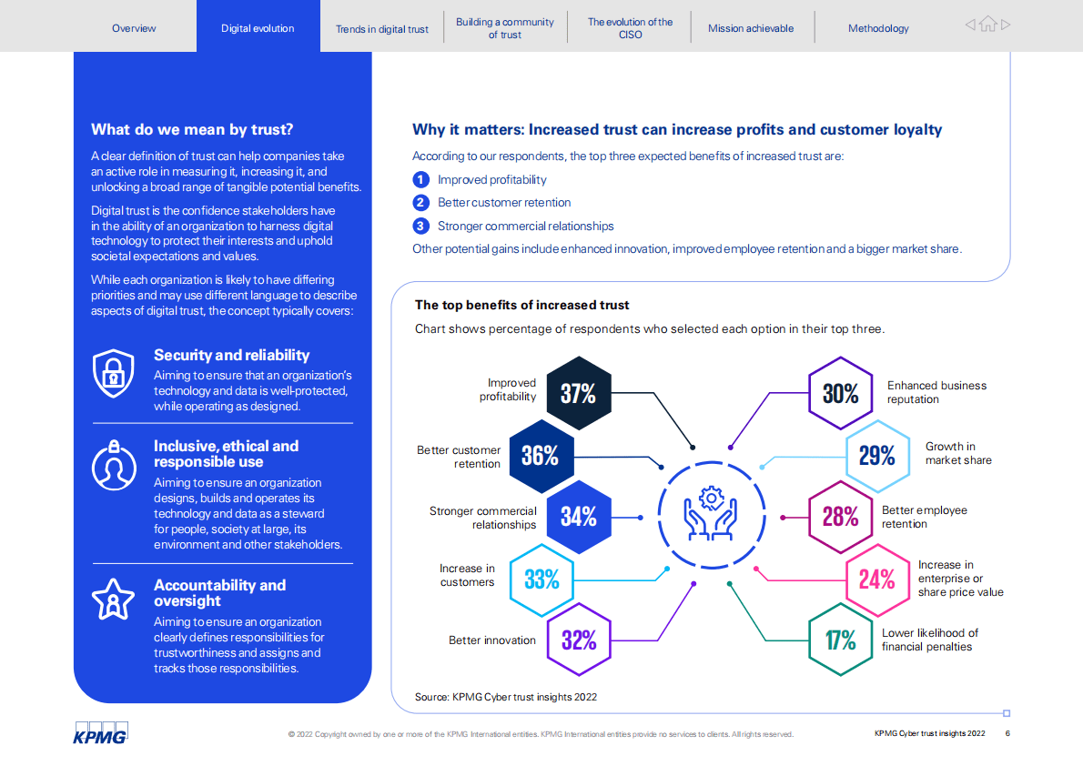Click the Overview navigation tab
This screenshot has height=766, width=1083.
pyautogui.click(x=134, y=28)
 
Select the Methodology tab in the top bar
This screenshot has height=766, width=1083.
pyautogui.click(x=878, y=28)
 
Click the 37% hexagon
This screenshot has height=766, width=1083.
pyautogui.click(x=578, y=393)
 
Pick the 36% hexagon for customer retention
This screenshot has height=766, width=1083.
pyautogui.click(x=540, y=455)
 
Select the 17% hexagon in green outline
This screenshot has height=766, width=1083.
pyautogui.click(x=841, y=640)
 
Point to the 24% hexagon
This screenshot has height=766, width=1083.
pyautogui.click(x=877, y=579)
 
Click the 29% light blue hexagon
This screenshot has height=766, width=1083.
pyautogui.click(x=877, y=455)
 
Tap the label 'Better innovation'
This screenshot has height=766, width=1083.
pyautogui.click(x=492, y=640)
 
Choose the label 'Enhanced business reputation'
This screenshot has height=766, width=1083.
pyautogui.click(x=936, y=392)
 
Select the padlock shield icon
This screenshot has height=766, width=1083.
pyautogui.click(x=114, y=374)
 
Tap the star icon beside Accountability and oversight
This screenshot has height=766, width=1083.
pyautogui.click(x=114, y=598)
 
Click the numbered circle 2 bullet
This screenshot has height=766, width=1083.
pyautogui.click(x=420, y=203)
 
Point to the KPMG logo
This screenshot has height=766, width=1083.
pyautogui.click(x=100, y=732)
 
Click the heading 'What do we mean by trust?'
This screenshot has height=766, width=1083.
pyautogui.click(x=192, y=129)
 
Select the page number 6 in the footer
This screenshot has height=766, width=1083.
pyautogui.click(x=1007, y=733)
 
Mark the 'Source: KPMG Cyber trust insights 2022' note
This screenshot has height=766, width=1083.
pyautogui.click(x=506, y=697)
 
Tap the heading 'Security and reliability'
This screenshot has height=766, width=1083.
pyautogui.click(x=231, y=356)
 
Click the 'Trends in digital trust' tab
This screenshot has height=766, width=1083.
pyautogui.click(x=381, y=29)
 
